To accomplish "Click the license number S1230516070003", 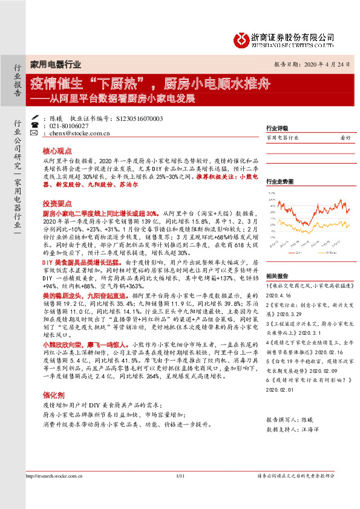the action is tap(139, 119).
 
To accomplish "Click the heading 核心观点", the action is tap(57, 151).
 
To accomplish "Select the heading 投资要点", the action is tap(57, 204).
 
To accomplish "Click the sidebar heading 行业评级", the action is tap(277, 128).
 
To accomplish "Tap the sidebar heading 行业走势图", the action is tap(280, 181).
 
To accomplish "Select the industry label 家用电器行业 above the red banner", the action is tap(56, 63).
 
